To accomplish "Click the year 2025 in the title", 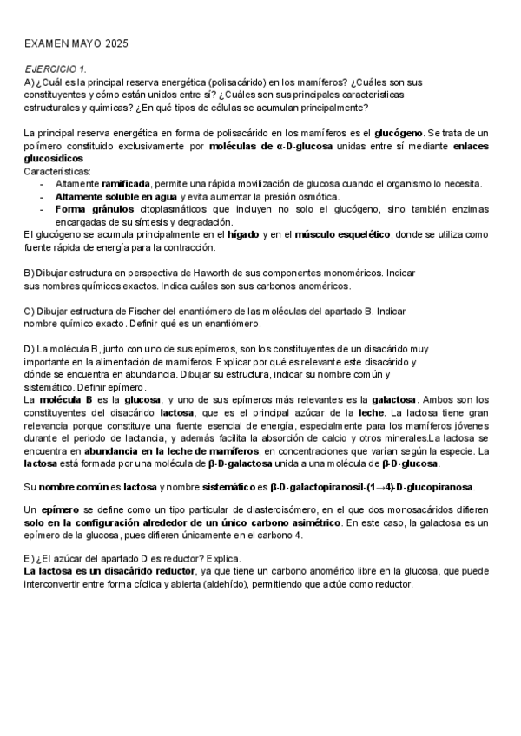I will (x=114, y=42).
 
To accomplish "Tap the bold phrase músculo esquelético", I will (x=342, y=234).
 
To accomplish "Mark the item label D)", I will (x=30, y=349).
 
